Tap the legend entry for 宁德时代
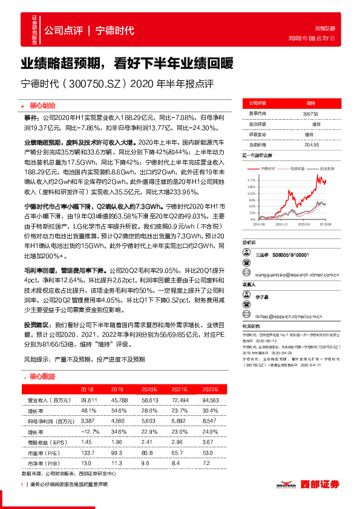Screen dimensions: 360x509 (267, 169)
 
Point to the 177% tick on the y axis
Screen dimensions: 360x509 (251, 180)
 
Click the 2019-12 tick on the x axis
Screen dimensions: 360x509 (281, 224)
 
